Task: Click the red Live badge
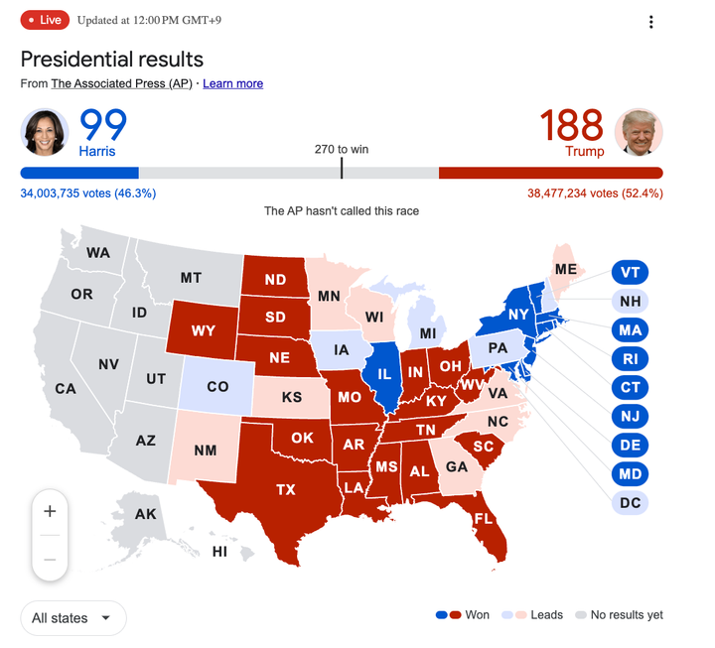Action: (44, 21)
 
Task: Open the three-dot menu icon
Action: (651, 23)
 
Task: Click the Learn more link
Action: (232, 83)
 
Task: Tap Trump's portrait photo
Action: (639, 132)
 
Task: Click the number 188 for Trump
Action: (572, 126)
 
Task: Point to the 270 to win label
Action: (341, 149)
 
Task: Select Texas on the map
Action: (285, 488)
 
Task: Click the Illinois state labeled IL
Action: (382, 375)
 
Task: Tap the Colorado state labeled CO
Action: (216, 386)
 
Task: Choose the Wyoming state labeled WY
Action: (203, 329)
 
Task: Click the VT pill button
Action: (630, 272)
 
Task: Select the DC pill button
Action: (630, 502)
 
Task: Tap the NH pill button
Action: (630, 301)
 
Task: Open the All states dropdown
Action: (73, 618)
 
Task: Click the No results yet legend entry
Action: (619, 615)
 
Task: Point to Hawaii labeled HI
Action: (219, 552)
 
